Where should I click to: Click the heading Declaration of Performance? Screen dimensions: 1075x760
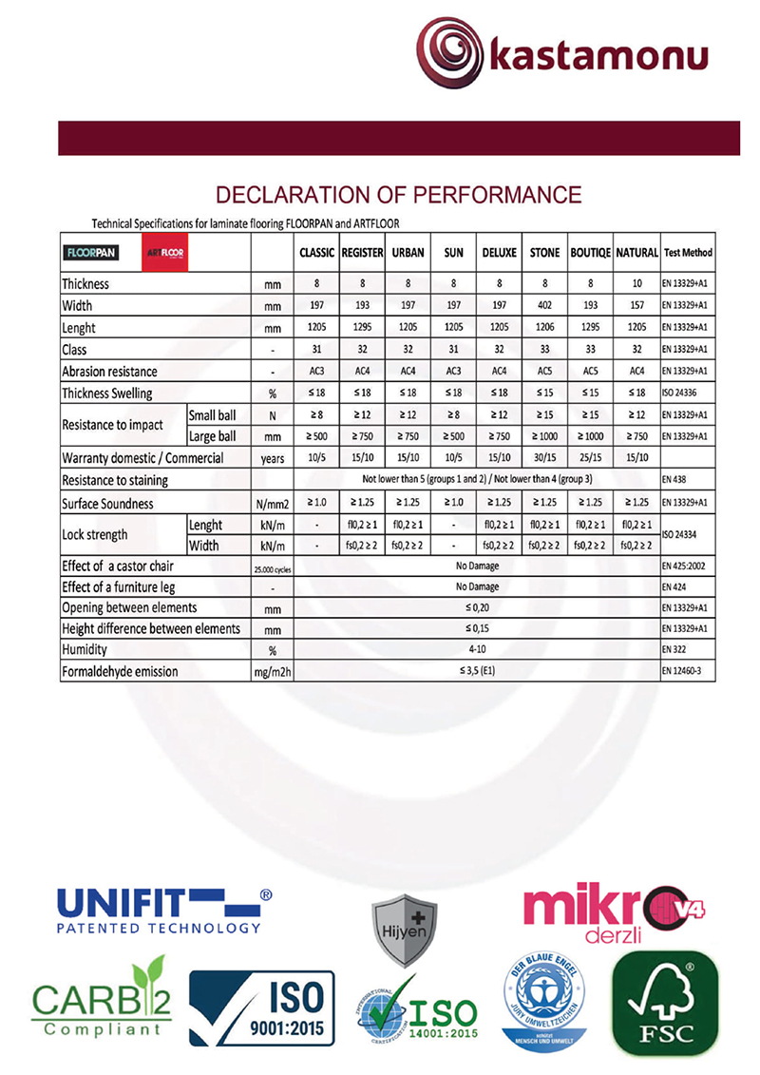[x=399, y=196]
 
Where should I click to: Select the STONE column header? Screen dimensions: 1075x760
[x=544, y=253]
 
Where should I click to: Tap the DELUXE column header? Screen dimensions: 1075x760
[x=499, y=253]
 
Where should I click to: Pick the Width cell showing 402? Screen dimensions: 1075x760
[x=544, y=306]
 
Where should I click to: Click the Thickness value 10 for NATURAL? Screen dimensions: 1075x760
[x=636, y=284]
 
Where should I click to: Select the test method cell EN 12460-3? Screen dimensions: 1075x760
[x=686, y=671]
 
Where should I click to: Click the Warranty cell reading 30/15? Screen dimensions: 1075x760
[x=544, y=458]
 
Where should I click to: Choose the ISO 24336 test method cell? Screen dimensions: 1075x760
[x=686, y=393]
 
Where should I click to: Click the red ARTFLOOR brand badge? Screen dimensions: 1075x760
[x=165, y=253]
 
